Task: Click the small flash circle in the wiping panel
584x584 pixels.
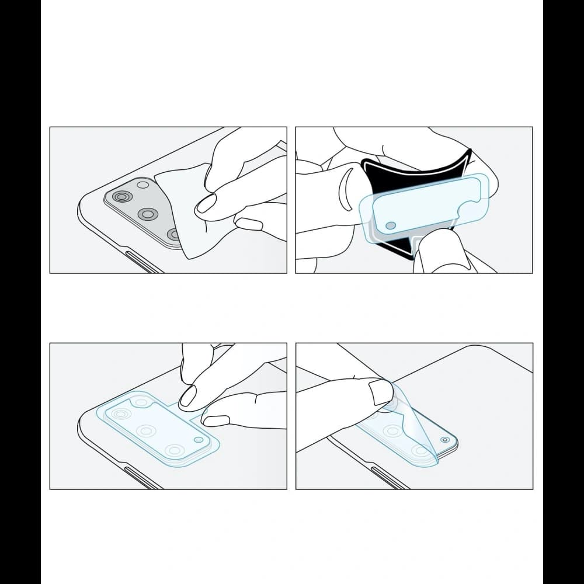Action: pyautogui.click(x=143, y=185)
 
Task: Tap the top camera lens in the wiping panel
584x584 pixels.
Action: pyautogui.click(x=121, y=197)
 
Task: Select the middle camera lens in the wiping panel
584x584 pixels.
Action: pyautogui.click(x=148, y=214)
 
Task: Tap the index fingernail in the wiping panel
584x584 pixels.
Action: pyautogui.click(x=207, y=204)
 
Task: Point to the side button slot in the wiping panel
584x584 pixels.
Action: pyautogui.click(x=142, y=262)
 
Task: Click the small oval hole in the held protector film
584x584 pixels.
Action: pyautogui.click(x=391, y=225)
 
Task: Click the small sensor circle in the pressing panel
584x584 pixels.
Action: pyautogui.click(x=199, y=440)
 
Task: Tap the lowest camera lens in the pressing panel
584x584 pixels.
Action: pyautogui.click(x=174, y=450)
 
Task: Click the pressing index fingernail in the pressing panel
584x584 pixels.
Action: pyautogui.click(x=188, y=397)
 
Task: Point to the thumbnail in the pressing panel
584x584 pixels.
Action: pyautogui.click(x=217, y=420)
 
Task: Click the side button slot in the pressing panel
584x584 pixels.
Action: pyautogui.click(x=142, y=478)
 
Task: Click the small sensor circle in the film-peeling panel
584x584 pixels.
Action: pyautogui.click(x=445, y=440)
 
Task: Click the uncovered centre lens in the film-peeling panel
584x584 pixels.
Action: pyautogui.click(x=392, y=431)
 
